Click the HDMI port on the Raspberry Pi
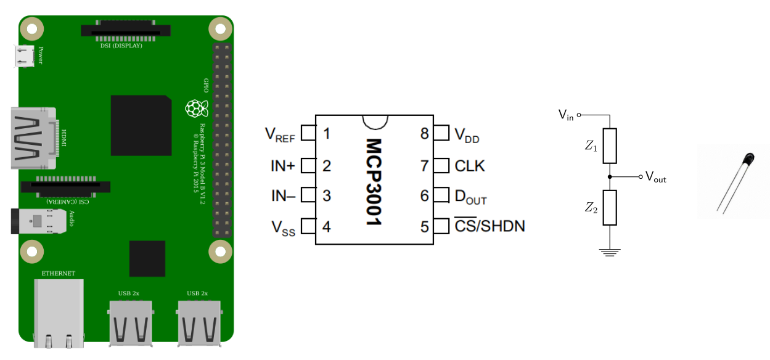pyautogui.click(x=37, y=137)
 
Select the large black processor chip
pyautogui.click(x=141, y=126)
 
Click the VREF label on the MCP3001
pyautogui.click(x=279, y=134)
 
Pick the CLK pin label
pyautogui.click(x=470, y=166)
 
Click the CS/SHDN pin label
pyautogui.click(x=489, y=226)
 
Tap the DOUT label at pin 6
pyautogui.click(x=470, y=197)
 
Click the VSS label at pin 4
pyautogui.click(x=284, y=227)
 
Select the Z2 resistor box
pyautogui.click(x=610, y=207)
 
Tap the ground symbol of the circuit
pyautogui.click(x=610, y=252)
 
